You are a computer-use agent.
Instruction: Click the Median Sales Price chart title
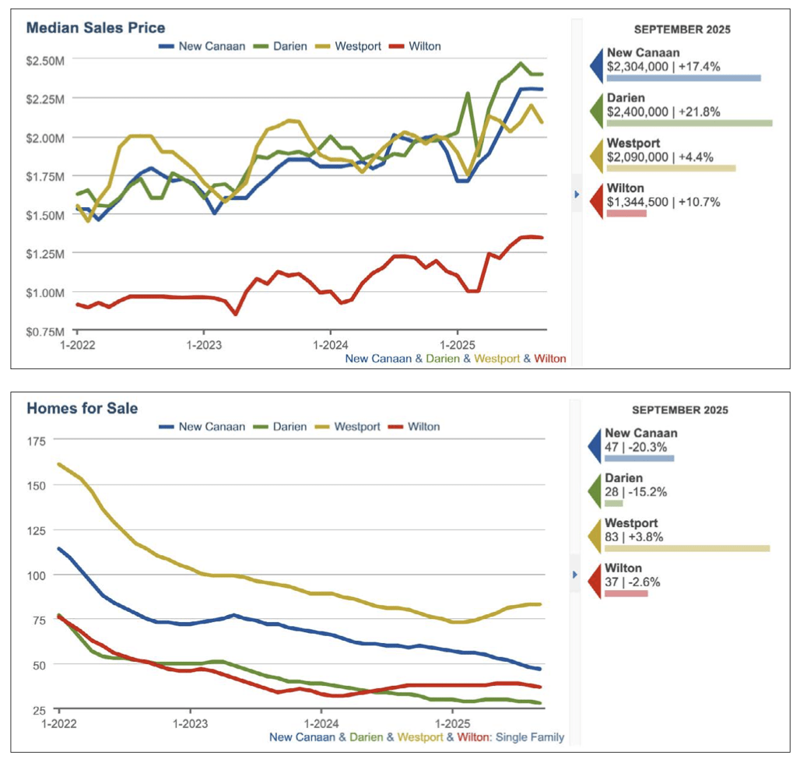[96, 28]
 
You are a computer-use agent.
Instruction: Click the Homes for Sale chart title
[83, 407]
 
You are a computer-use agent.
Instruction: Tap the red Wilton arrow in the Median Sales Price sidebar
[595, 200]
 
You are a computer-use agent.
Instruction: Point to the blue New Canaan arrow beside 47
[595, 445]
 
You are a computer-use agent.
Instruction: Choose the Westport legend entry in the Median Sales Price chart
[358, 46]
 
